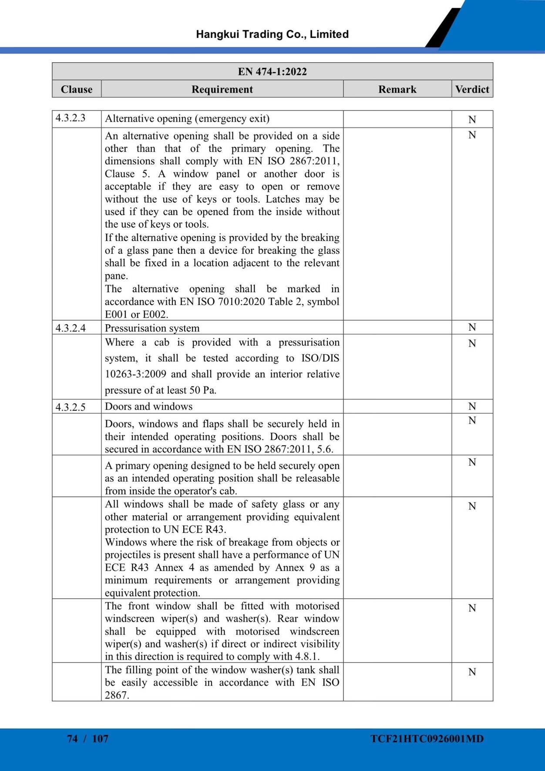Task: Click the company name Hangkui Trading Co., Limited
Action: click(x=272, y=34)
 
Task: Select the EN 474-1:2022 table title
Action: click(x=272, y=71)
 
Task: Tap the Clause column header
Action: click(x=77, y=89)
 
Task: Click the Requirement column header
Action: click(x=222, y=89)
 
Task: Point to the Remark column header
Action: click(x=397, y=89)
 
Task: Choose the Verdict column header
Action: click(x=472, y=89)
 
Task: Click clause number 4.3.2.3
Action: click(x=71, y=118)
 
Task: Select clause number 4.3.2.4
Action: click(x=71, y=328)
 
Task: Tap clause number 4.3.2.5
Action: click(x=71, y=407)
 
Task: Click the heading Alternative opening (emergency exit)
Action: click(x=187, y=118)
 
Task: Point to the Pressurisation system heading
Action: click(x=152, y=328)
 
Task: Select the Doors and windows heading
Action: click(x=148, y=406)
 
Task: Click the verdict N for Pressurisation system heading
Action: click(x=472, y=327)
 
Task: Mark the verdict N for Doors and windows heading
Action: click(x=472, y=406)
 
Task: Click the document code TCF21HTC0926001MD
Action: click(x=427, y=739)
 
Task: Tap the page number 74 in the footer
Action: click(x=72, y=739)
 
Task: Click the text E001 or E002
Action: click(x=136, y=314)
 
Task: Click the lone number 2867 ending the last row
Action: click(x=116, y=695)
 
